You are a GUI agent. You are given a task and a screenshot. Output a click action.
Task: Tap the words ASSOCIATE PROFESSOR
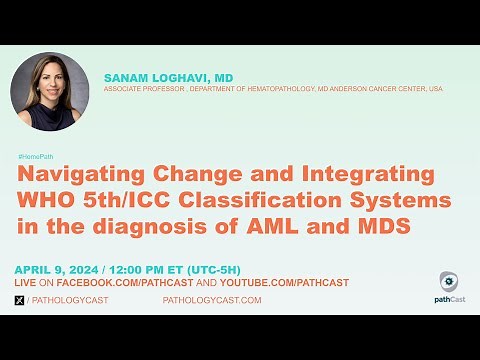pos(139,89)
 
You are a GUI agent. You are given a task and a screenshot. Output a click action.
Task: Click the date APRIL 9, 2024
pos(58,268)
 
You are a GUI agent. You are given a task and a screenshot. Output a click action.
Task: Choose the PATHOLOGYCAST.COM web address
pos(212,300)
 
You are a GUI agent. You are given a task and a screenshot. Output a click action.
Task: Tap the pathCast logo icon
pos(449,281)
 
